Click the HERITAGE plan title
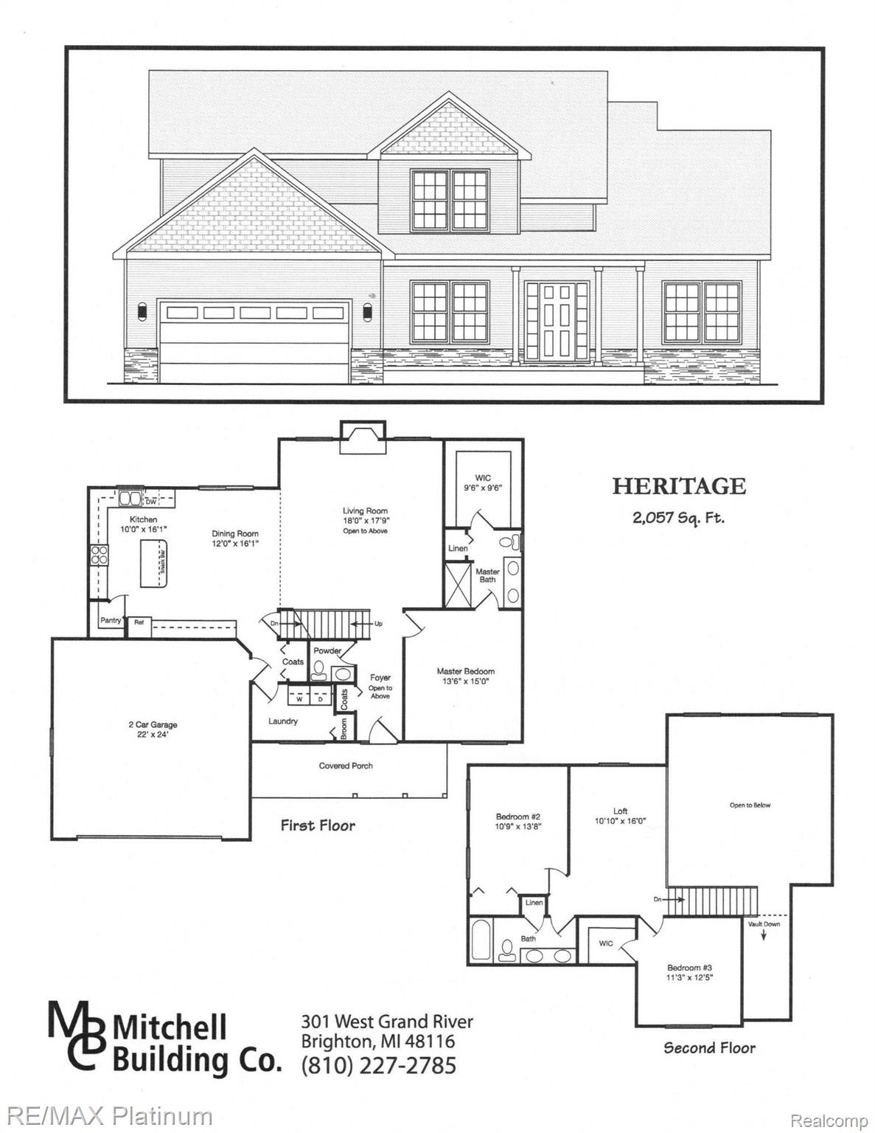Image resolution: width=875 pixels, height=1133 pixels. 679,486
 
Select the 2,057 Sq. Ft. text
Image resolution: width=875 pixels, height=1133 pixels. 678,517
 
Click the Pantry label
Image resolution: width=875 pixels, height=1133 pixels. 111,621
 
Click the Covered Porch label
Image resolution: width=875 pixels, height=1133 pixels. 346,766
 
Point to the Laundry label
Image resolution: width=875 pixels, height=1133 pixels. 283,721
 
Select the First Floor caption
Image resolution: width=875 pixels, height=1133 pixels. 318,825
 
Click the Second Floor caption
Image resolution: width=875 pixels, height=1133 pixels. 709,1047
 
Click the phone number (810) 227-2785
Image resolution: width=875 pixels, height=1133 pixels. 379,1066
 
